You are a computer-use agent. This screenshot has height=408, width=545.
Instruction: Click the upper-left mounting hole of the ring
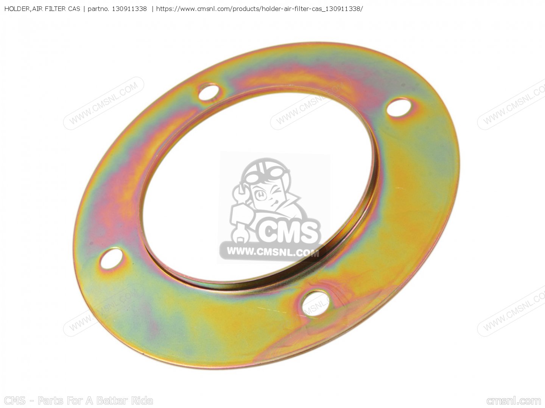(x=209, y=92)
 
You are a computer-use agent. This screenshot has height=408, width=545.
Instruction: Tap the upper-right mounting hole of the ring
(x=398, y=107)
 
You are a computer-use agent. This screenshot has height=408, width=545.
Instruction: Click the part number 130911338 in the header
(x=129, y=9)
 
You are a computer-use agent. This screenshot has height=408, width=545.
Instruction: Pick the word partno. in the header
(x=98, y=9)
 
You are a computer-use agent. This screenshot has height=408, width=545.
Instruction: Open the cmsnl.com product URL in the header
(x=260, y=9)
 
